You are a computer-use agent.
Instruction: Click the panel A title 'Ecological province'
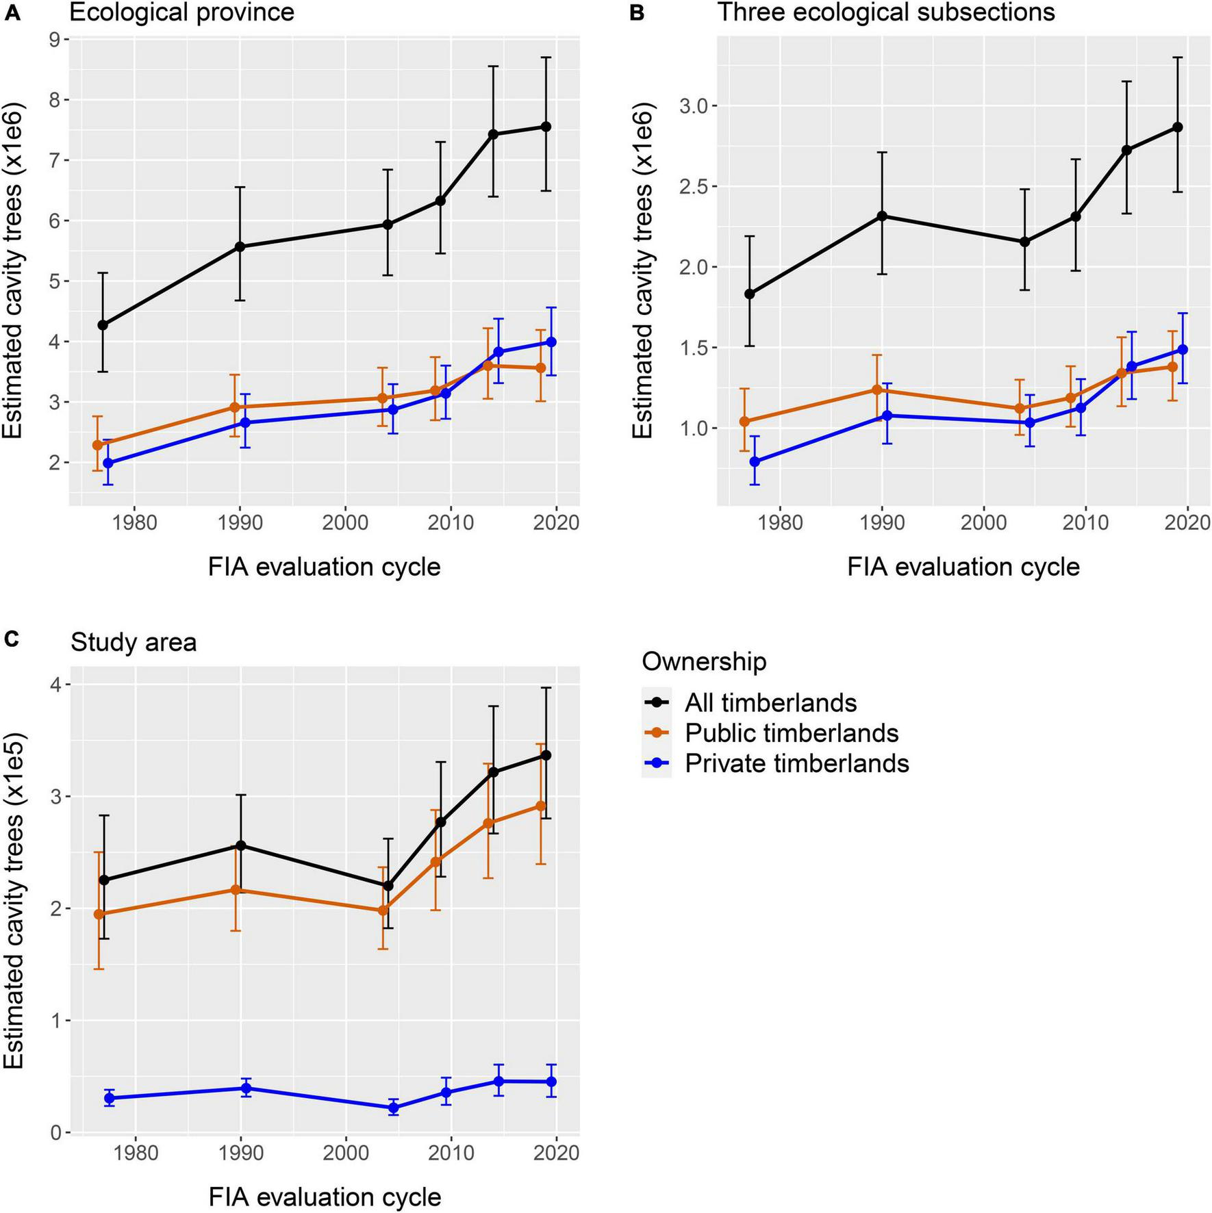pyautogui.click(x=181, y=12)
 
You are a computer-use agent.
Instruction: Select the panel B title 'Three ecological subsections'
pyautogui.click(x=886, y=12)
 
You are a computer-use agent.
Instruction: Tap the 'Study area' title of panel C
pyautogui.click(x=134, y=642)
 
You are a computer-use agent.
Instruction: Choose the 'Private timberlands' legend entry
pyautogui.click(x=797, y=763)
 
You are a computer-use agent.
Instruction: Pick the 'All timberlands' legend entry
pyautogui.click(x=771, y=702)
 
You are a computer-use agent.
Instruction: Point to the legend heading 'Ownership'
pyautogui.click(x=704, y=661)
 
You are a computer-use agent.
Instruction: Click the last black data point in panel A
pyautogui.click(x=546, y=127)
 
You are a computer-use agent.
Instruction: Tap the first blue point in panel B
pyautogui.click(x=755, y=461)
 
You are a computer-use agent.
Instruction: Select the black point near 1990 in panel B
pyautogui.click(x=882, y=216)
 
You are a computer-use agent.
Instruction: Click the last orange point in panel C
pyautogui.click(x=540, y=806)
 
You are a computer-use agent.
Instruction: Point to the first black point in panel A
pyautogui.click(x=103, y=325)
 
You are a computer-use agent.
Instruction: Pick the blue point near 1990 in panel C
pyautogui.click(x=246, y=1088)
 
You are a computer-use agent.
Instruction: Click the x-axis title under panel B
pyautogui.click(x=963, y=567)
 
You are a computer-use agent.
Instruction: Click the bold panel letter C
pyautogui.click(x=12, y=639)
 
